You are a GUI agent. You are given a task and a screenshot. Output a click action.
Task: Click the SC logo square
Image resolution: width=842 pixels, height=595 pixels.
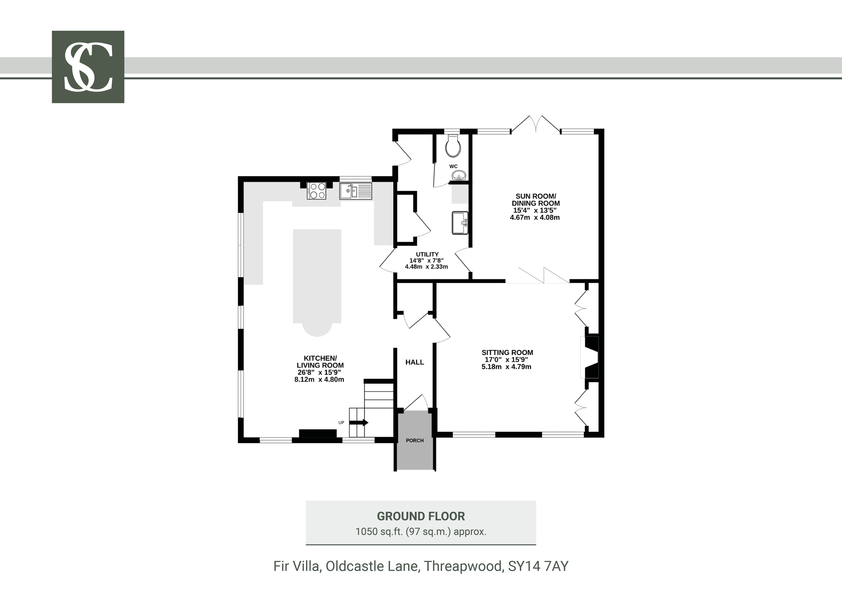click(88, 67)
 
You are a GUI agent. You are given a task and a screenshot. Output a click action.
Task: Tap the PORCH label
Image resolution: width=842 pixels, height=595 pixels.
click(415, 440)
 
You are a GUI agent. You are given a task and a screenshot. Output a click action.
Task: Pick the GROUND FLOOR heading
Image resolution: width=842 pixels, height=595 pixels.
click(421, 516)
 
